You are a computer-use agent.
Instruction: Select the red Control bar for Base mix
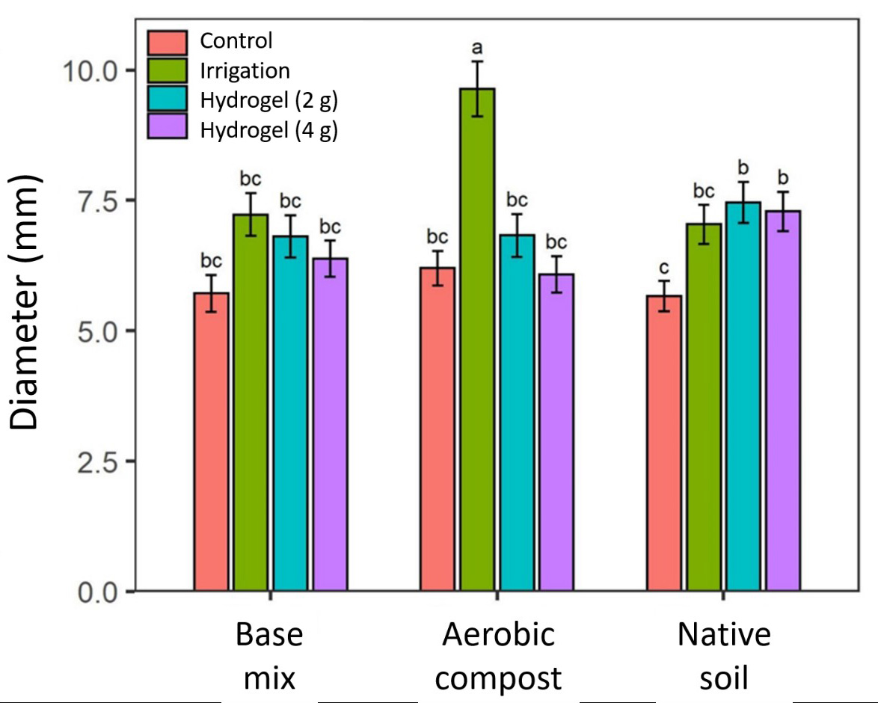[212, 441]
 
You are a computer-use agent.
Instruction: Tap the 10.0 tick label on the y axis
[87, 70]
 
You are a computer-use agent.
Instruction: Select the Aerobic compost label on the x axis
[498, 657]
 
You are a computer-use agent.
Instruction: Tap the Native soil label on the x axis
[724, 657]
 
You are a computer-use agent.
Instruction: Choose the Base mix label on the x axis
[269, 657]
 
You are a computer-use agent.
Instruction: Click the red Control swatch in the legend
[167, 42]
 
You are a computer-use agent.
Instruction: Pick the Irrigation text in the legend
[245, 71]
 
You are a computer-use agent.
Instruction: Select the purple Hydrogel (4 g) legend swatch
[167, 129]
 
